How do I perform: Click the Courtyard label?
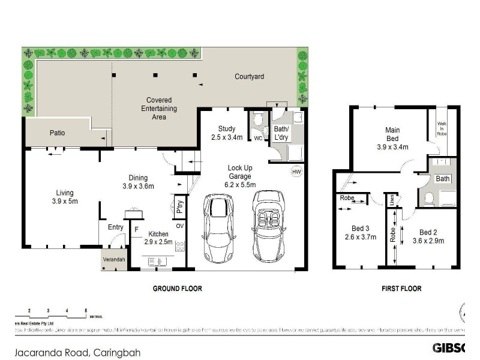(x=249, y=77)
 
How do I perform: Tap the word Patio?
(x=57, y=133)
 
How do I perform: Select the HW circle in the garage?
(x=295, y=172)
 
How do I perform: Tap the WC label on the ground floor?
(x=258, y=139)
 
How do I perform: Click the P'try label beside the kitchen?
(x=179, y=208)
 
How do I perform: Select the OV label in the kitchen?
(x=179, y=226)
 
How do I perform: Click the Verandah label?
(x=114, y=259)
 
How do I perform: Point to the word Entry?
(x=116, y=227)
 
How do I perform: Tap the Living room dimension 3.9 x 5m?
(x=64, y=201)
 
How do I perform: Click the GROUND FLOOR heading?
(x=177, y=289)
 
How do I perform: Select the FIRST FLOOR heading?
(x=401, y=289)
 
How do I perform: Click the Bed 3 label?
(x=360, y=228)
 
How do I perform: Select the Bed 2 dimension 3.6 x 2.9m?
(x=428, y=241)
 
